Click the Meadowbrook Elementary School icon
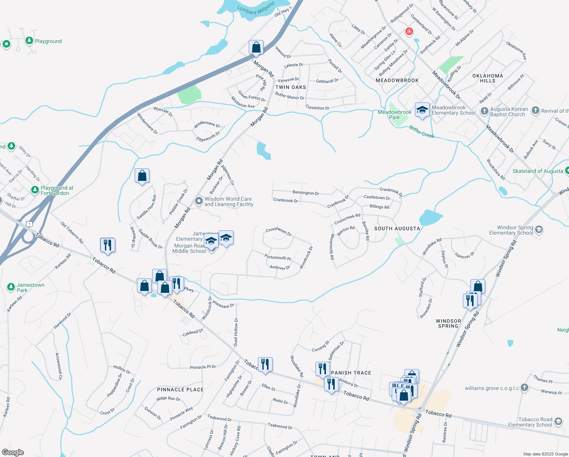click(x=422, y=110)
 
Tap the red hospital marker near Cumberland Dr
click(x=409, y=31)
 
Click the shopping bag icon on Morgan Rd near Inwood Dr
click(x=256, y=48)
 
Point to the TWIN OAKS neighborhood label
click(x=291, y=87)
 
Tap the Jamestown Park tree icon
click(x=11, y=287)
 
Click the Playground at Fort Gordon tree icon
click(x=35, y=190)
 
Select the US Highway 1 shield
click(x=29, y=224)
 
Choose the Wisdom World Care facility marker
click(x=199, y=201)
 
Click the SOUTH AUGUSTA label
click(x=397, y=228)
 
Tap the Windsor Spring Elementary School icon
click(x=539, y=230)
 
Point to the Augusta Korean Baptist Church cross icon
click(x=484, y=111)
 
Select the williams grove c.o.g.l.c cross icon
click(x=524, y=388)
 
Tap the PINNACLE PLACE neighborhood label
click(x=180, y=390)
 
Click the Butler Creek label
click(x=421, y=132)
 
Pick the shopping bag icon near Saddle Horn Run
click(x=142, y=176)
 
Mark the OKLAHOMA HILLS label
click(x=488, y=78)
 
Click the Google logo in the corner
click(x=13, y=452)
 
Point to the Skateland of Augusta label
click(x=537, y=171)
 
